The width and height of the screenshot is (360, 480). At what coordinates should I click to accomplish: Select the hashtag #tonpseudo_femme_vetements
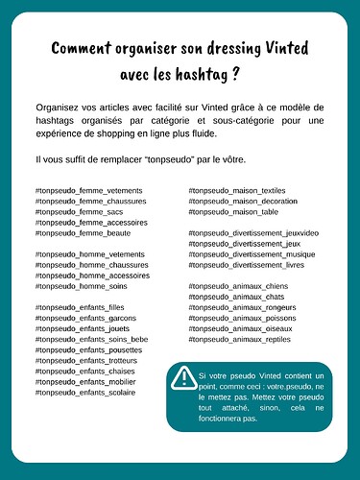click(x=88, y=191)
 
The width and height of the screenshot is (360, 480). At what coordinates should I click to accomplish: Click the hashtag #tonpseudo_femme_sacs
click(x=81, y=212)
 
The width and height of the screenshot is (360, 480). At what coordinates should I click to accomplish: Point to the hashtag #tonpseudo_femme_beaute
click(x=84, y=233)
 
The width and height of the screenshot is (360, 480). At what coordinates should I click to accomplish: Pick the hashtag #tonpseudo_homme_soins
click(x=83, y=286)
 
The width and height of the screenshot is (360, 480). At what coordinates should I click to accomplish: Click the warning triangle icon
click(x=181, y=379)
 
